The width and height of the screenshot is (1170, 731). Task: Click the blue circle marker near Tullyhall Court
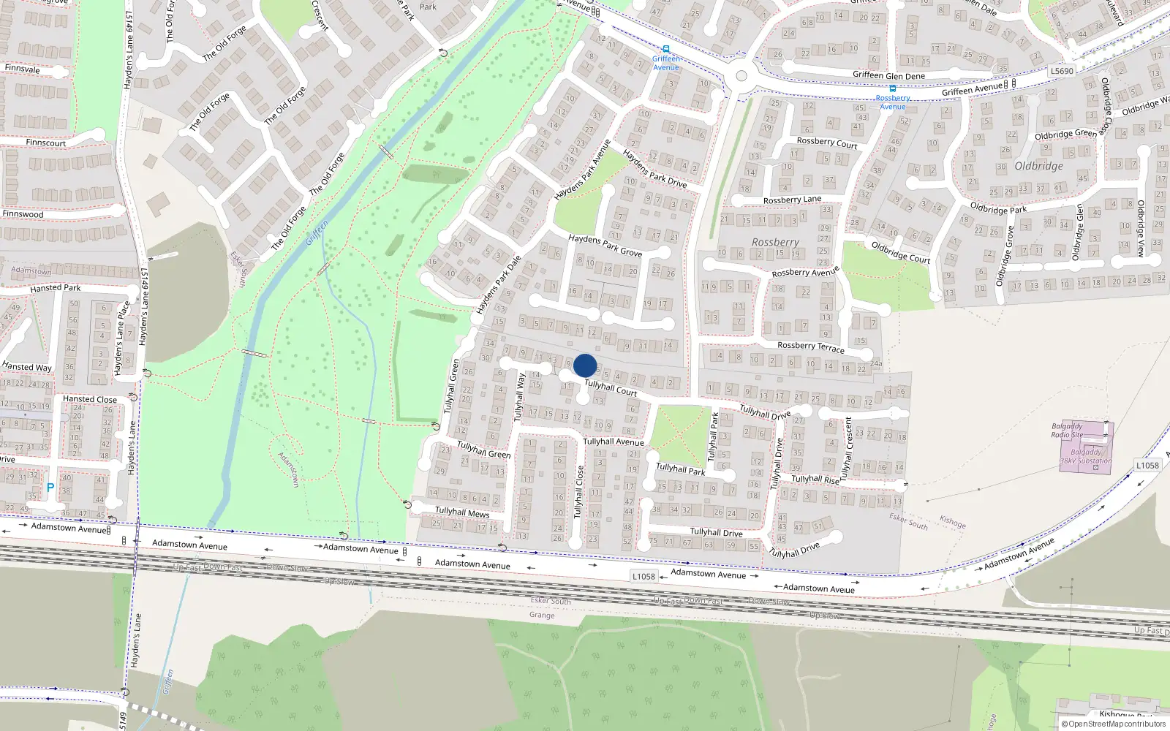point(585,365)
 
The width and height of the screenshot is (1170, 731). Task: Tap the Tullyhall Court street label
point(611,388)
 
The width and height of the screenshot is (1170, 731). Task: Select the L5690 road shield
point(1062,71)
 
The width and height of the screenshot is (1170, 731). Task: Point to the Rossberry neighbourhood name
point(775,242)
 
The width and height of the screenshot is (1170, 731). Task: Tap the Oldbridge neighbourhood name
point(1038,166)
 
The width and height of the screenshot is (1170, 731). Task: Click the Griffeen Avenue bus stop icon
point(665,50)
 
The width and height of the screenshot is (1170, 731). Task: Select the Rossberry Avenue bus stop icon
point(892,88)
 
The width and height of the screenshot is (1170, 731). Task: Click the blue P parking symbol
point(50,488)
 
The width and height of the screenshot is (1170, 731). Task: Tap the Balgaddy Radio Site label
point(1067,431)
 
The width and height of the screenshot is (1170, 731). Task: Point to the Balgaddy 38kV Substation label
point(1086,456)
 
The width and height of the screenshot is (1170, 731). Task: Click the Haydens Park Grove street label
point(605,245)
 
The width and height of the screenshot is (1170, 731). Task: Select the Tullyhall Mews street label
point(462,512)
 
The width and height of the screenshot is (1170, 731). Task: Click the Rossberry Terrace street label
point(810,346)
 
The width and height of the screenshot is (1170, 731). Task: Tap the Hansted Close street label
point(89,399)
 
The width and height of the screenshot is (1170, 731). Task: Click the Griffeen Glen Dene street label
point(888,75)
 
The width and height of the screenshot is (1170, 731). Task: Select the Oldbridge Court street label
point(900,252)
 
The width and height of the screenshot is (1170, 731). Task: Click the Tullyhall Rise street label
point(815,480)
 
